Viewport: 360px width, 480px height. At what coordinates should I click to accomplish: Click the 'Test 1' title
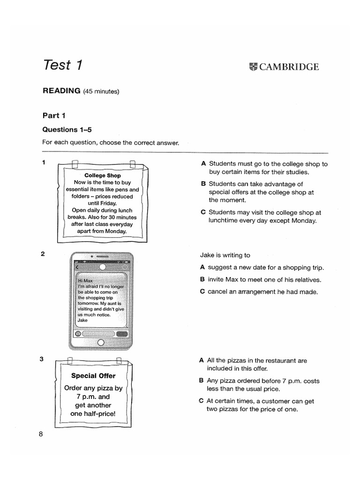click(x=62, y=65)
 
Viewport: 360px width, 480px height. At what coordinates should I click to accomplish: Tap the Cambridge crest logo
click(x=254, y=67)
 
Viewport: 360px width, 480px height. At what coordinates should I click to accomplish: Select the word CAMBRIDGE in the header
click(x=289, y=67)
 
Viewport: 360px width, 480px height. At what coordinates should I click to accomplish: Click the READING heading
click(x=61, y=91)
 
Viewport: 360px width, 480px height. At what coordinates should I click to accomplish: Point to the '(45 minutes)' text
click(x=101, y=91)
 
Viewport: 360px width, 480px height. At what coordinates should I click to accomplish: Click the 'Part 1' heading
click(x=54, y=115)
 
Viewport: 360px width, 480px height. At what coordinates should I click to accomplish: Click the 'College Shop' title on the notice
click(x=103, y=176)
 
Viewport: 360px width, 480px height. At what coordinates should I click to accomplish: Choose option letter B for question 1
click(x=203, y=184)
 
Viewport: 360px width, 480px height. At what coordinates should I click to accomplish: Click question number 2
click(x=43, y=254)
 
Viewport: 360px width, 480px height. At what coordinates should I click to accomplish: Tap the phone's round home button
click(x=101, y=343)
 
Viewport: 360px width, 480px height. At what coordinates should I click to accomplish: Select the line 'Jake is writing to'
click(x=225, y=255)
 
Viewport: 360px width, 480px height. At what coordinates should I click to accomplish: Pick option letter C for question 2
click(x=202, y=292)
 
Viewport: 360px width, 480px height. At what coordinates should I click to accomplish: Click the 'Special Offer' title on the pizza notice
click(x=93, y=375)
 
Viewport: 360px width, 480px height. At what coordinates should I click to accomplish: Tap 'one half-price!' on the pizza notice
click(x=93, y=414)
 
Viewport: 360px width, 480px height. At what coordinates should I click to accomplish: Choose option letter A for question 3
click(x=202, y=360)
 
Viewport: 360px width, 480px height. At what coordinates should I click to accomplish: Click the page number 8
click(x=41, y=434)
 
